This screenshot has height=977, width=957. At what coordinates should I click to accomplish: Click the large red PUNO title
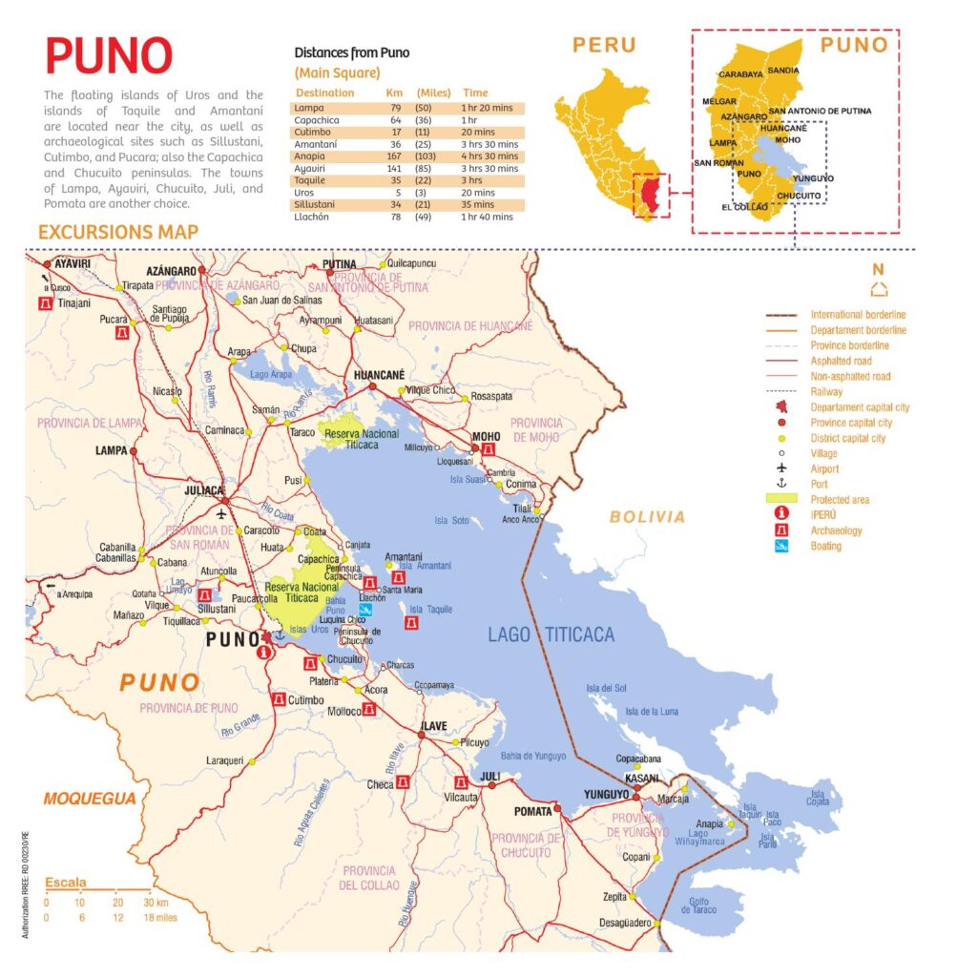click(109, 56)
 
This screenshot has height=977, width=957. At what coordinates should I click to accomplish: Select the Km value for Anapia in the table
click(394, 155)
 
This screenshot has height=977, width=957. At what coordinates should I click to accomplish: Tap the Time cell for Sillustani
click(483, 203)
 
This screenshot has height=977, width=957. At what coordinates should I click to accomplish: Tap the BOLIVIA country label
click(648, 517)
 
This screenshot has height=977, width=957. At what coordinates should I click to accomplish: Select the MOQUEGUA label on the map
click(89, 799)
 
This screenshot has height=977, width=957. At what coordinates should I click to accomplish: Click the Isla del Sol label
click(606, 688)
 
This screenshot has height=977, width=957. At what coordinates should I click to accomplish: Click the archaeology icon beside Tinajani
click(43, 302)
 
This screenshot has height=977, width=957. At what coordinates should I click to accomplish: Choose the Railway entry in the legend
click(826, 391)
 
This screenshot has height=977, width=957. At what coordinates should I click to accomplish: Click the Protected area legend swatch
click(781, 499)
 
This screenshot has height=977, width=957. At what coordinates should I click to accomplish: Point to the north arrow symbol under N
click(879, 290)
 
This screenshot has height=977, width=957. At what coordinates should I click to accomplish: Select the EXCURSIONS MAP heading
click(118, 232)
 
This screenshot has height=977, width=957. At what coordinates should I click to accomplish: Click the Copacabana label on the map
click(639, 759)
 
